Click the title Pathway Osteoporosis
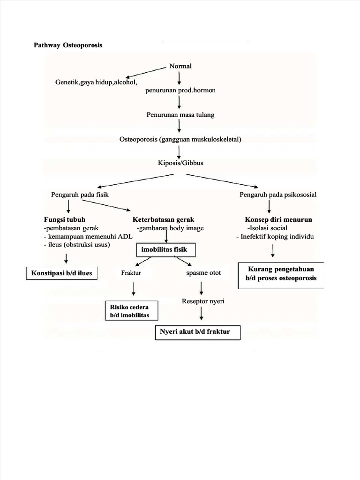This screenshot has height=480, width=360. (68, 45)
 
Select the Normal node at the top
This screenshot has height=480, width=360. (180, 66)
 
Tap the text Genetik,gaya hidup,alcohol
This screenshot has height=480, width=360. (96, 82)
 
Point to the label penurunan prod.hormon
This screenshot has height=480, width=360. (180, 90)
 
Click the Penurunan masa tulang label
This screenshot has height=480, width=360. (180, 114)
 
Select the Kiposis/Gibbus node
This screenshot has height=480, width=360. (180, 163)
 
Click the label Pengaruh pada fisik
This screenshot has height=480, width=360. (80, 194)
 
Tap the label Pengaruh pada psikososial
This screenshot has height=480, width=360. (278, 194)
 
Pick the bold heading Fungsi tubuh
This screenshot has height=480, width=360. (65, 219)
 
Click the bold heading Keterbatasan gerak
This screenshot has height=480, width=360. (163, 219)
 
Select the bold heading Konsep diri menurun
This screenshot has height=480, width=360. (278, 219)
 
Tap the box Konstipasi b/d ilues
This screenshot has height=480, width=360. (61, 273)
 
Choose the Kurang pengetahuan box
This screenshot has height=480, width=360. (281, 274)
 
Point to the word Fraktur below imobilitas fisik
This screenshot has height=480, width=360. (131, 272)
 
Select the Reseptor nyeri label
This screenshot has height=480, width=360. (203, 301)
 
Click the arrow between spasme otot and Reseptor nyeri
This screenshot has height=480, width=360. (202, 287)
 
